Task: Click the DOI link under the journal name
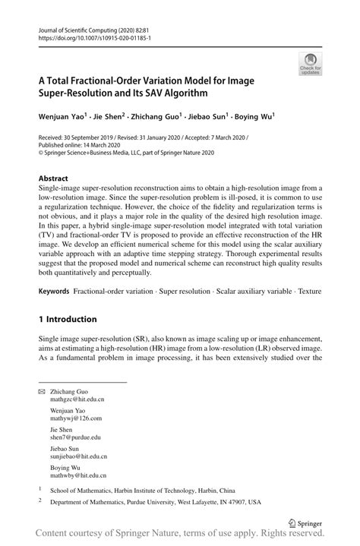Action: [90, 37]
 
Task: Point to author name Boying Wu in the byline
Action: [255, 118]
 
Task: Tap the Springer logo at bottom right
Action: [304, 522]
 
